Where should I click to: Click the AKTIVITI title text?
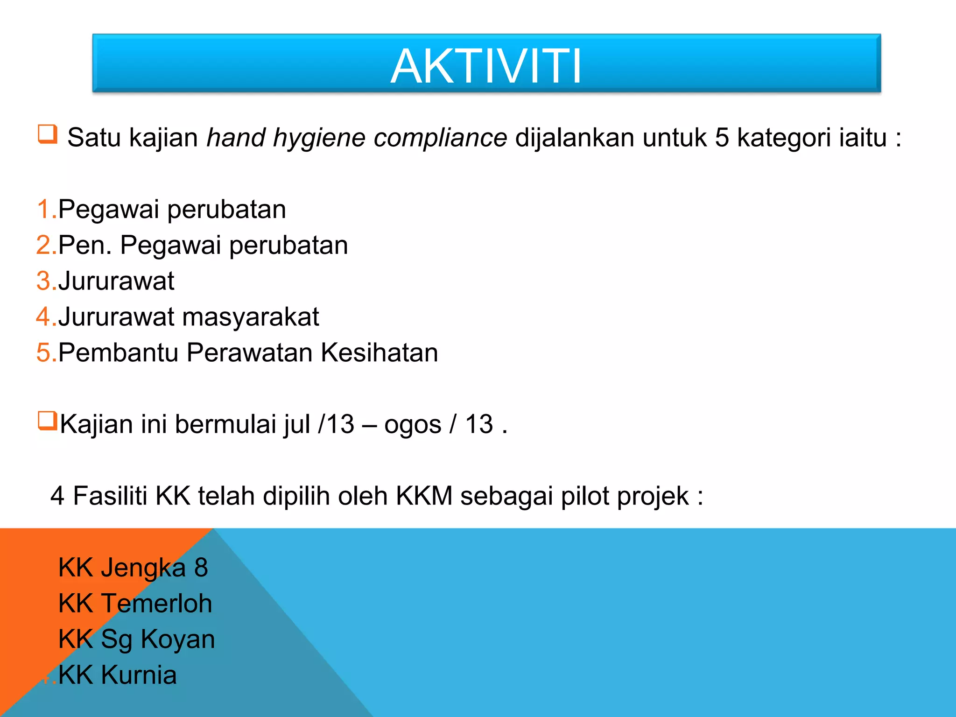point(486,66)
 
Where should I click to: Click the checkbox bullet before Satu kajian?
point(48,134)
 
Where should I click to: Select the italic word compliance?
point(440,138)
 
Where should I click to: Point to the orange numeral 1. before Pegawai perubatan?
point(46,209)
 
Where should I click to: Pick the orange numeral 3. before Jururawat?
point(46,281)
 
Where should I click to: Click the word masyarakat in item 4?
point(251,317)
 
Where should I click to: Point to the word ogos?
point(413,425)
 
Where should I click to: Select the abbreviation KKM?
point(424,496)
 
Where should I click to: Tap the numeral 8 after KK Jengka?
point(201,568)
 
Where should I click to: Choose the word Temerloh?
point(156,603)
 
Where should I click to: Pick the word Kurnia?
point(139,675)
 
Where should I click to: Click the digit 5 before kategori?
point(721,138)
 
